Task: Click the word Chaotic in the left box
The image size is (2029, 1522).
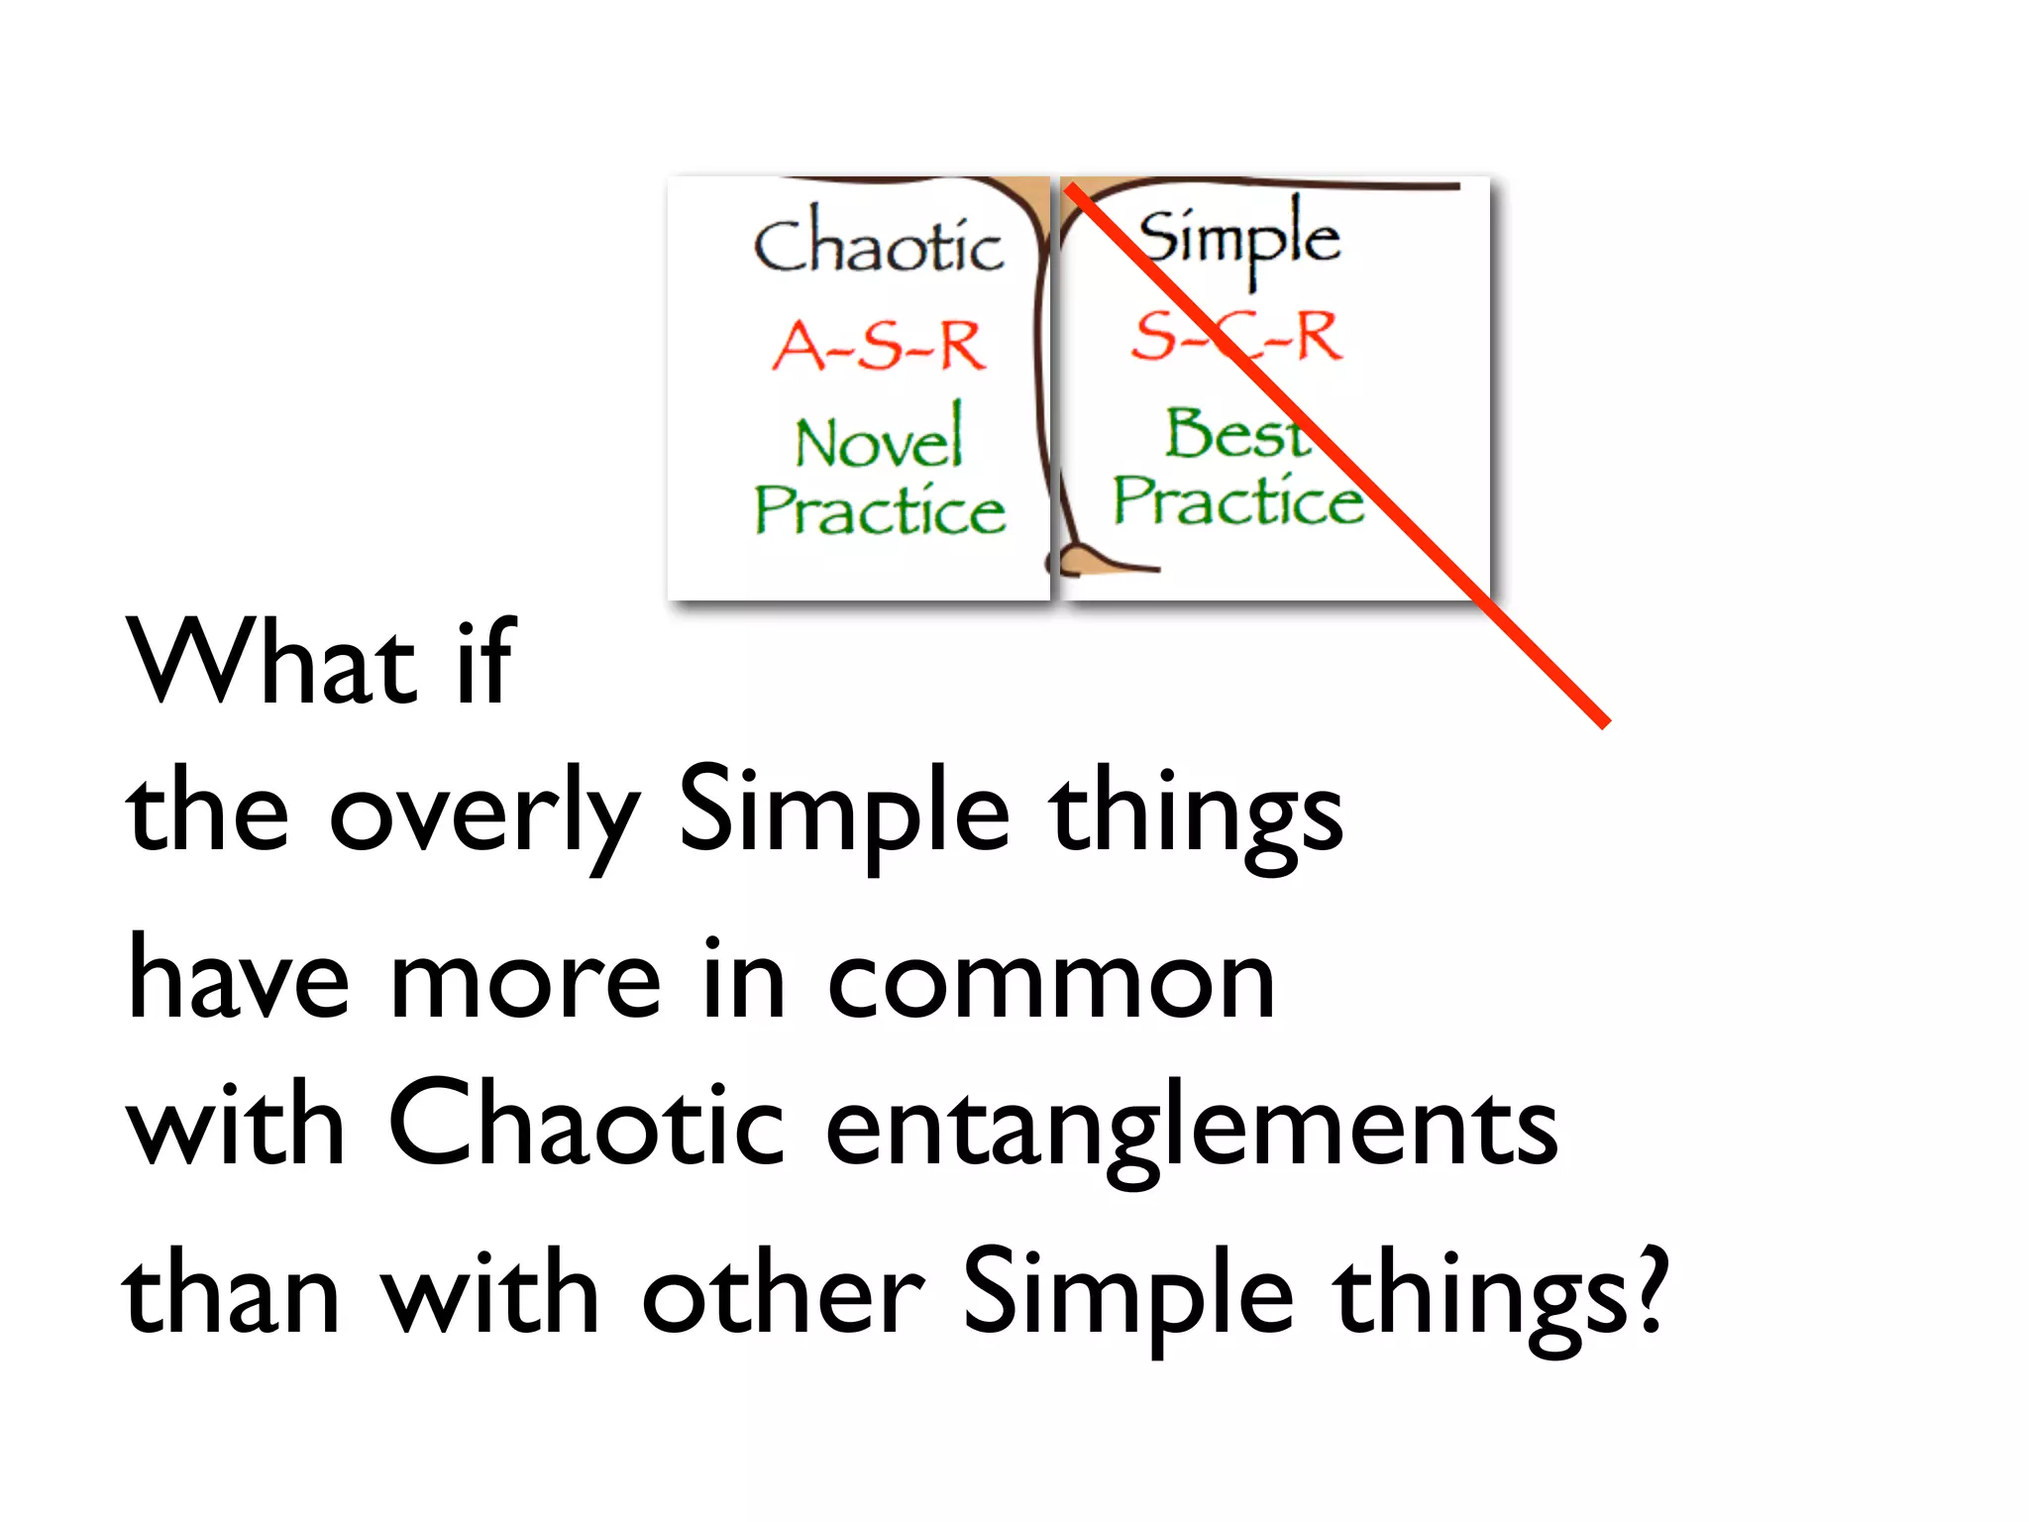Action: pos(878,244)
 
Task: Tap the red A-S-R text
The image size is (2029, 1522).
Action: pos(878,346)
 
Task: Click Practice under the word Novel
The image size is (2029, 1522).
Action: pos(880,509)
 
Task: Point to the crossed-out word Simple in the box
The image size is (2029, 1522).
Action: pos(1238,237)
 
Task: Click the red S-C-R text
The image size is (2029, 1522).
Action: pos(1236,335)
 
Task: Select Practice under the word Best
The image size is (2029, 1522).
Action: pos(1237,499)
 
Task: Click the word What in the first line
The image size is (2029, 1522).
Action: pos(270,661)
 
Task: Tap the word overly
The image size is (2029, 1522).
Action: pos(483,815)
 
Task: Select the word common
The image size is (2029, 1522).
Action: pos(1050,981)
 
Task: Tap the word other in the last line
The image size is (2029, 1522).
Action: pos(783,1294)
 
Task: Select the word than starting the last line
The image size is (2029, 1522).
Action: pos(231,1294)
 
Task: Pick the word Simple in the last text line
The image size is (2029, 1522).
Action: pos(1128,1294)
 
